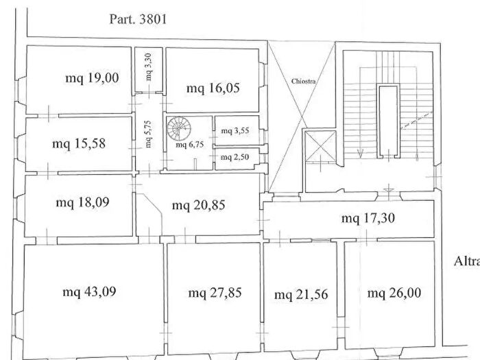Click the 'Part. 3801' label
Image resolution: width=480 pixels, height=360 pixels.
[x=138, y=19]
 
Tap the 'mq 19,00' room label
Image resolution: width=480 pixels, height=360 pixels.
[x=92, y=77]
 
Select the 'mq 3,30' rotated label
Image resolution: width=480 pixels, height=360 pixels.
[x=149, y=67]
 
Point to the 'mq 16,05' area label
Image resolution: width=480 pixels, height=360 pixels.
[x=213, y=88]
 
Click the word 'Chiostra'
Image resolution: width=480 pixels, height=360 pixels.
[x=303, y=81]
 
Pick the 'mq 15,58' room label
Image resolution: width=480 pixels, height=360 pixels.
[x=79, y=143]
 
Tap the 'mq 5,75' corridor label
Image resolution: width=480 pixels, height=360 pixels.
[x=148, y=134]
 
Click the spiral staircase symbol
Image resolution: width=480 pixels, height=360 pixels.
[x=179, y=128]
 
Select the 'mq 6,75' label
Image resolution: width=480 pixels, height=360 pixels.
[x=189, y=145]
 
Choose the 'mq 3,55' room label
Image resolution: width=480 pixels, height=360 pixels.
[x=235, y=131]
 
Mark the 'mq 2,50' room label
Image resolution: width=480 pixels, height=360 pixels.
[x=235, y=157]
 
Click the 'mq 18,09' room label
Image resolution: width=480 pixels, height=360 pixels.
[x=83, y=202]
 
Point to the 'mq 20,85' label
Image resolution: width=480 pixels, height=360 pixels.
[x=199, y=205]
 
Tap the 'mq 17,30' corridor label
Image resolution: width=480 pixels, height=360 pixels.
[x=368, y=218]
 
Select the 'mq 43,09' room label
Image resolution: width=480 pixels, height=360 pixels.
[x=89, y=291]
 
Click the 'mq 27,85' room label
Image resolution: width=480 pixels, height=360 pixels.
[x=215, y=293]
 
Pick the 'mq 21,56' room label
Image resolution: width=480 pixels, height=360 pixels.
[x=301, y=294]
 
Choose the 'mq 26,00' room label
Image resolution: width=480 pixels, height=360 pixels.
[x=394, y=293]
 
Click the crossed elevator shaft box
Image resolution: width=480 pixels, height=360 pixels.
[x=320, y=146]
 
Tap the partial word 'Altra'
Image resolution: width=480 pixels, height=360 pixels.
[x=466, y=261]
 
